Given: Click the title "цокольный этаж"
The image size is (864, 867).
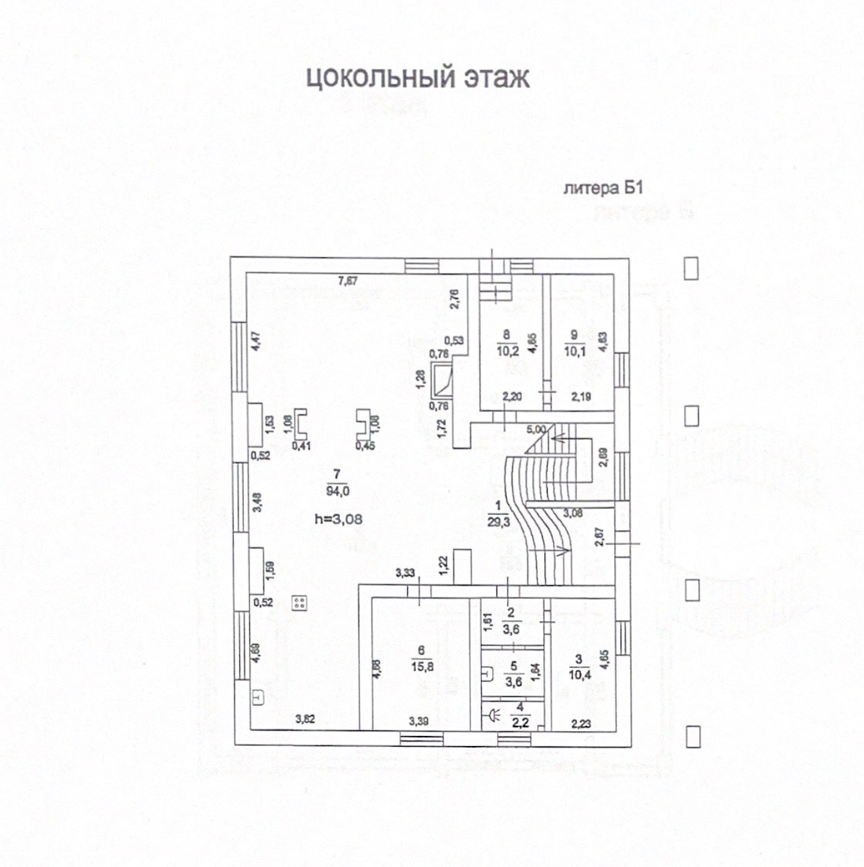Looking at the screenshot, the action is click(x=418, y=77).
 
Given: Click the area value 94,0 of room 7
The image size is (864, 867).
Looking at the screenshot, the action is click(x=337, y=491).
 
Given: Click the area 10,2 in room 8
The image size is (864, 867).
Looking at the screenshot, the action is click(x=507, y=350).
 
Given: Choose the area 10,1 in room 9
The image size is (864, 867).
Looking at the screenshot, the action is click(x=574, y=350).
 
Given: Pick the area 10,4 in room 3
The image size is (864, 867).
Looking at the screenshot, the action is click(x=579, y=674).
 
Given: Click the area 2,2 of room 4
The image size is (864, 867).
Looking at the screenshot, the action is click(x=521, y=723).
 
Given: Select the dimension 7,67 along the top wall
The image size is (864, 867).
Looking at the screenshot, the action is click(x=347, y=281).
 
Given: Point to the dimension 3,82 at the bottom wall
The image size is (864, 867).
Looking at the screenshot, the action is click(x=305, y=719).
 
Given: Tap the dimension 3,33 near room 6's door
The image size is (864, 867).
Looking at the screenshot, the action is click(x=405, y=573).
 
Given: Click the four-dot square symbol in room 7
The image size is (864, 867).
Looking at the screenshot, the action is click(x=300, y=602).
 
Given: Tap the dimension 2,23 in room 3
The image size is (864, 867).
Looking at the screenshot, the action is click(x=580, y=723).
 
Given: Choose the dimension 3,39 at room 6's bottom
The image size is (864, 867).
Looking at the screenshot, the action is click(x=419, y=721).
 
